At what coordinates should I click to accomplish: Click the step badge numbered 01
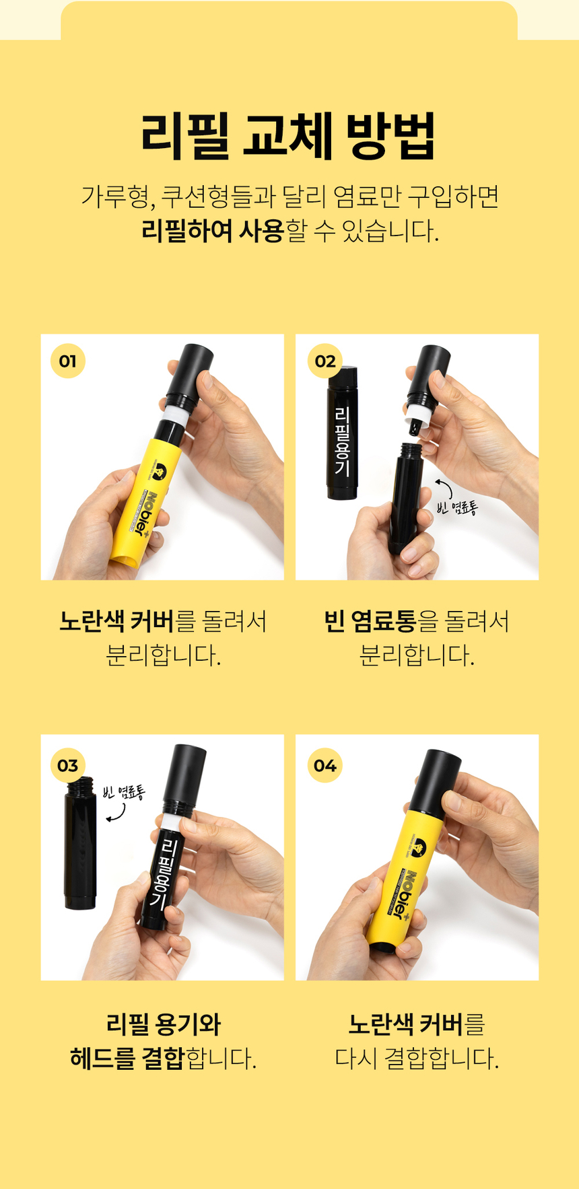click(67, 361)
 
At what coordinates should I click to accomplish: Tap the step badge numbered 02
click(325, 361)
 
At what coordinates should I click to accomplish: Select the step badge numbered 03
click(67, 765)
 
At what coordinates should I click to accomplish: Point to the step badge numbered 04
click(325, 765)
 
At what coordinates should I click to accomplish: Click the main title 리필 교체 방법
click(289, 136)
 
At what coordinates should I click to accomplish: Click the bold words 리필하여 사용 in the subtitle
click(213, 231)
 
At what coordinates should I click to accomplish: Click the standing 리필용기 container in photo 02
click(342, 434)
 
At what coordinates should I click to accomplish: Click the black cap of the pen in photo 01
click(190, 372)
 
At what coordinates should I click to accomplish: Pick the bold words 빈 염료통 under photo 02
click(370, 621)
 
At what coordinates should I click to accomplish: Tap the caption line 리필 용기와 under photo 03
click(163, 1024)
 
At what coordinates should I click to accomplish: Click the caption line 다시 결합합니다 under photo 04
click(417, 1058)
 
